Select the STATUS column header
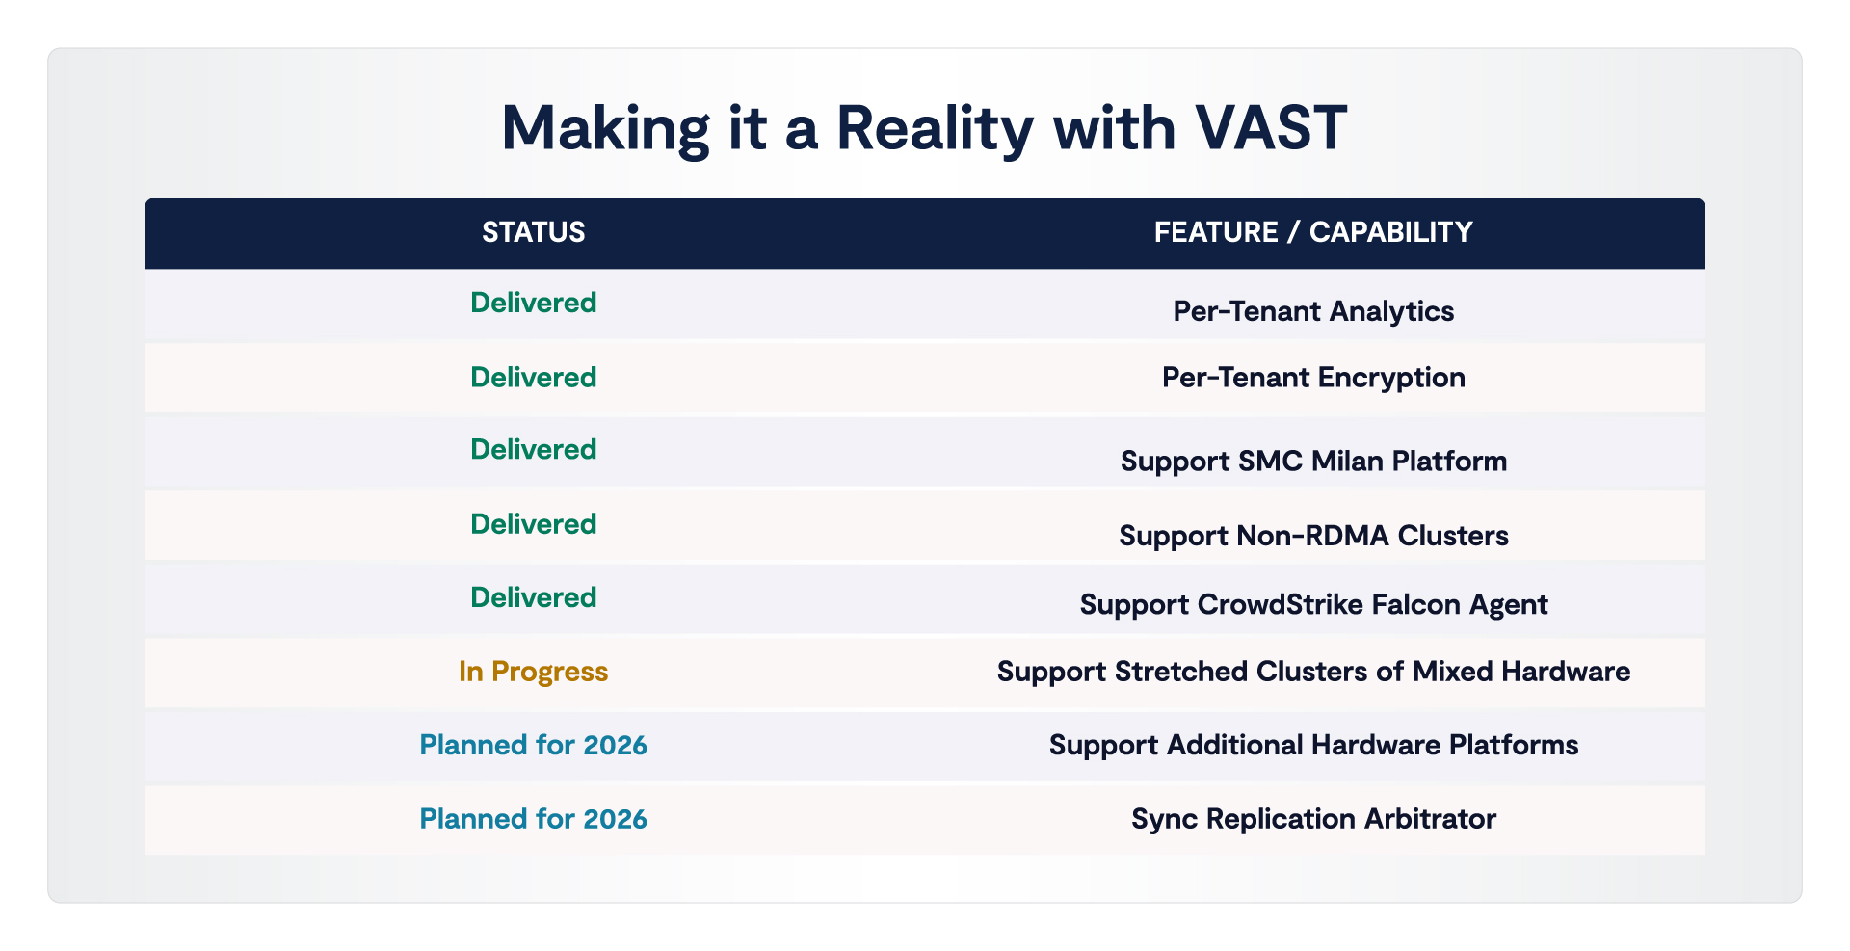click(x=534, y=232)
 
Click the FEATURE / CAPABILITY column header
click(x=1313, y=232)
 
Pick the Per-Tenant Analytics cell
click(x=1313, y=311)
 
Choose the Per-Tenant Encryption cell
click(x=1313, y=377)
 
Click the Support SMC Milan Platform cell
click(x=1313, y=461)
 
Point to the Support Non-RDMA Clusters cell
click(x=1313, y=536)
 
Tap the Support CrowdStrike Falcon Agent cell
click(x=1313, y=604)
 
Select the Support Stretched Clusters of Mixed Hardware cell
click(x=1313, y=672)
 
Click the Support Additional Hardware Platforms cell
click(x=1313, y=745)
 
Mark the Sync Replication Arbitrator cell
click(x=1313, y=819)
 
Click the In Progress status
click(x=534, y=672)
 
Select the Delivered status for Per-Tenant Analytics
click(x=534, y=303)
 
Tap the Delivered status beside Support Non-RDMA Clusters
click(x=534, y=524)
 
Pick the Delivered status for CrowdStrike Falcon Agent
click(x=534, y=597)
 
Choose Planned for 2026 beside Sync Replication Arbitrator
click(x=534, y=819)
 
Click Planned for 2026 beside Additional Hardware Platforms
click(x=534, y=745)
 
